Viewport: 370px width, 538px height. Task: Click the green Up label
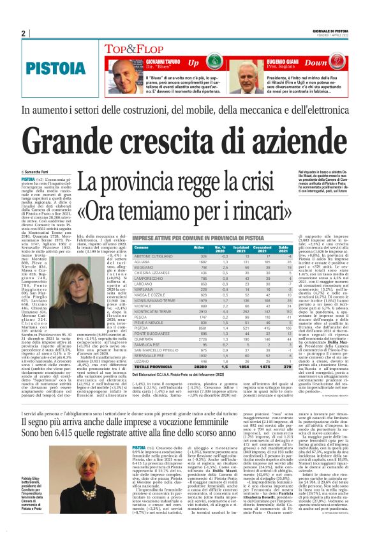point(194,63)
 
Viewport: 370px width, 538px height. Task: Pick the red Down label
point(332,63)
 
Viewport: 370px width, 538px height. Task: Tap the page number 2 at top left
point(23,33)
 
